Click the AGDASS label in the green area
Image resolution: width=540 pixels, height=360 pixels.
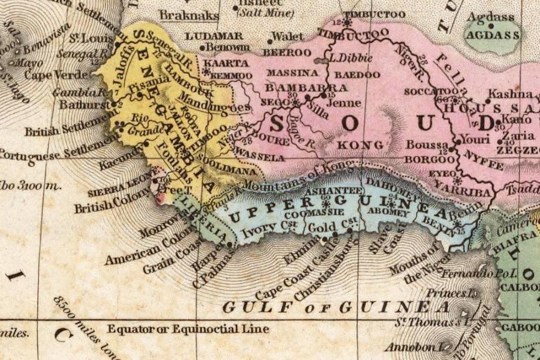[x=492, y=35]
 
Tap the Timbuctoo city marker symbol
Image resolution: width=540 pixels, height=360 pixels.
[x=347, y=23]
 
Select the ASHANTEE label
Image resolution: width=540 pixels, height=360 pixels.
[x=340, y=190]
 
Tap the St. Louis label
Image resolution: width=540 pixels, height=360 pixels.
[x=83, y=40]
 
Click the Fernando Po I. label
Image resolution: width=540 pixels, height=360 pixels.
[x=478, y=274]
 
